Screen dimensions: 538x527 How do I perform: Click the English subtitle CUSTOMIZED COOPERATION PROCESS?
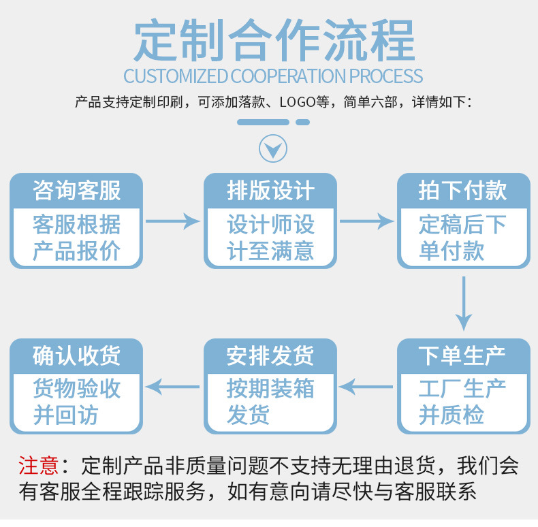[273, 76]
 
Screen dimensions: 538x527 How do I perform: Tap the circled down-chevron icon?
[273, 148]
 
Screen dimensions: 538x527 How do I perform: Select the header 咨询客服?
[76, 191]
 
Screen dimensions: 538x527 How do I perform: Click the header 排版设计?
[270, 191]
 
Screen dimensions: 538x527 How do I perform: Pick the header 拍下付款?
[463, 191]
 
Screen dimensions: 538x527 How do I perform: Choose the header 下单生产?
[463, 355]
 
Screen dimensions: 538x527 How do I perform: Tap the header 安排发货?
[270, 355]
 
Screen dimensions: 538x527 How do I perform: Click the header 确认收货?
[76, 355]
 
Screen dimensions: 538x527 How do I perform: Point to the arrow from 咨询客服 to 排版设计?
[173, 221]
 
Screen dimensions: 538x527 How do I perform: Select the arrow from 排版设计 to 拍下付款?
[367, 221]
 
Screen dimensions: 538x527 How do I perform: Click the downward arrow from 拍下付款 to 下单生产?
[464, 303]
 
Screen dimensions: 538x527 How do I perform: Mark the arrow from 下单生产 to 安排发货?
[367, 387]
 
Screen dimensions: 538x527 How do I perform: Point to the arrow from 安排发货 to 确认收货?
[173, 387]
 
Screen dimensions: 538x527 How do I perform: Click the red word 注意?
[38, 466]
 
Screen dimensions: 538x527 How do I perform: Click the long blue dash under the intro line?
[263, 123]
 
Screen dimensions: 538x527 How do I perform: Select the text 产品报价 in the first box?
[76, 251]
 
